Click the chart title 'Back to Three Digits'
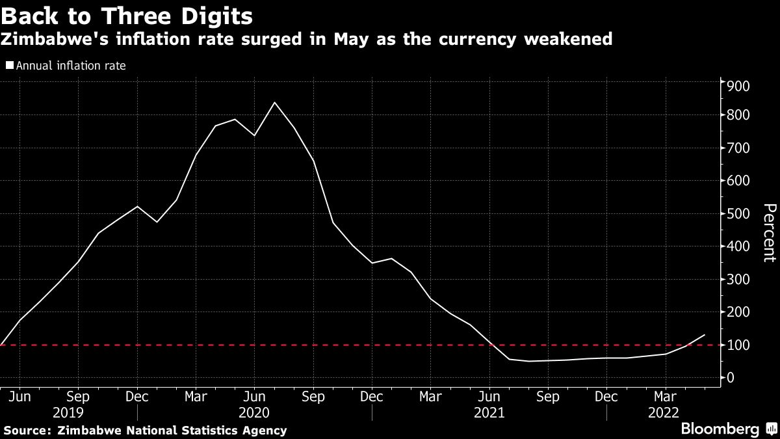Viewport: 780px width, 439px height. (x=127, y=14)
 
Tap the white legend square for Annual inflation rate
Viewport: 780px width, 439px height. (x=9, y=65)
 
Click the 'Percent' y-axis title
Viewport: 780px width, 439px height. (x=768, y=233)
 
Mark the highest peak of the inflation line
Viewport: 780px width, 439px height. (x=274, y=102)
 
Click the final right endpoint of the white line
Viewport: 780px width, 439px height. (x=705, y=335)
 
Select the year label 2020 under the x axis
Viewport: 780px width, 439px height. (x=254, y=413)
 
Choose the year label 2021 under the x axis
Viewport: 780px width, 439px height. (x=489, y=413)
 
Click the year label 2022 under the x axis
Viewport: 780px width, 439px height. (x=664, y=413)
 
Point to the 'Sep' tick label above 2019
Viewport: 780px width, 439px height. (x=78, y=397)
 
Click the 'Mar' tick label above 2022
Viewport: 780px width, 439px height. (x=665, y=397)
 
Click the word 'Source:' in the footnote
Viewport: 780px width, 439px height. (x=28, y=430)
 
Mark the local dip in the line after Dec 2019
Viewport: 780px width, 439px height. (x=157, y=222)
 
